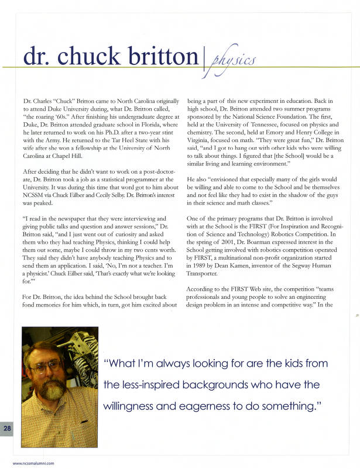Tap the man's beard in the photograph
[50, 392]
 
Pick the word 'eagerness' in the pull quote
[223, 406]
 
